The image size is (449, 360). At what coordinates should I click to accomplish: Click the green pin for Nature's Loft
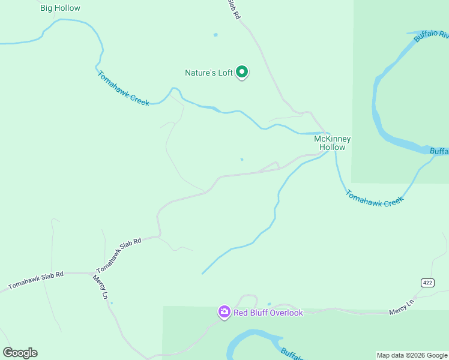(x=242, y=72)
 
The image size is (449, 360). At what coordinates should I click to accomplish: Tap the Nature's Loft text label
(x=208, y=73)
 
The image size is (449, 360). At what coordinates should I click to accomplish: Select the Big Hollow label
(x=60, y=8)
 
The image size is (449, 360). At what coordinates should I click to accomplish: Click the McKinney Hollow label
(x=332, y=143)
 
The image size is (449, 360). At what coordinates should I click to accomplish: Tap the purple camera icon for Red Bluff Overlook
(x=224, y=312)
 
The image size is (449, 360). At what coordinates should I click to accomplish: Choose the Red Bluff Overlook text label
(x=268, y=313)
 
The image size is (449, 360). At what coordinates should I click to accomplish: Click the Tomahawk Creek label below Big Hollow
(x=122, y=89)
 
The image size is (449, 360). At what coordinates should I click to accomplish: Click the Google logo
(x=20, y=353)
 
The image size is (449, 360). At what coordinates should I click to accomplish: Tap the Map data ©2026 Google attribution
(x=412, y=355)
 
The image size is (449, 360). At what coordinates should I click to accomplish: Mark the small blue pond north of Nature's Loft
(x=215, y=35)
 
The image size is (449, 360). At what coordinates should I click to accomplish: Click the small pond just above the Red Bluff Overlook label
(x=269, y=304)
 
